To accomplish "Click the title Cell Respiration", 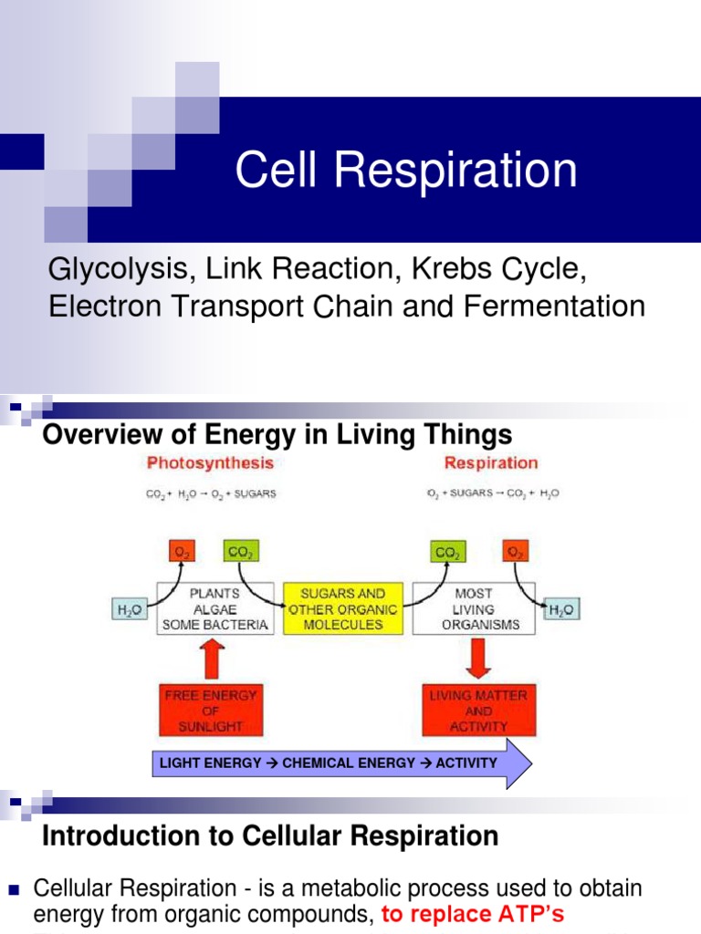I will pos(406,171).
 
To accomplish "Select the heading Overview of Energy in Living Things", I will pos(277,434).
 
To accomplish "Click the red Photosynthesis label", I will pos(210,463).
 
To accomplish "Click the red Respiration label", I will pos(491,463).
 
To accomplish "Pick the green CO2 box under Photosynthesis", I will pos(239,551).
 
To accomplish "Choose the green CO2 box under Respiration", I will pos(447,551).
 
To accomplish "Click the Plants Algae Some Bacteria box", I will pos(214,609).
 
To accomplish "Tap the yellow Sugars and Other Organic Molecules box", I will pos(342,609).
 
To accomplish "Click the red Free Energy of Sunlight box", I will pos(211,711).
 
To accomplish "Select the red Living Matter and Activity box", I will pos(478,711).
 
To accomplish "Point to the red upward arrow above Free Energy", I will pos(211,660).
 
